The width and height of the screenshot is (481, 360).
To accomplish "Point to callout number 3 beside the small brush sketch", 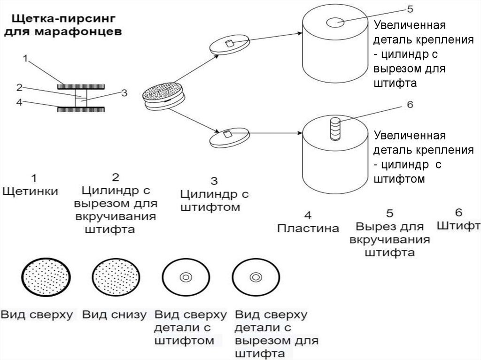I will (124, 93).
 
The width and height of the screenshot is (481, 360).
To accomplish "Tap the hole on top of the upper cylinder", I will (336, 22).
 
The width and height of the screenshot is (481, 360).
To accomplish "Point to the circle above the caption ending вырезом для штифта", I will (256, 277).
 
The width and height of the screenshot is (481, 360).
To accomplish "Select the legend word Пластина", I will (308, 229).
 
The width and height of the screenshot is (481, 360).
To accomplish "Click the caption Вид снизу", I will (114, 314).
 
